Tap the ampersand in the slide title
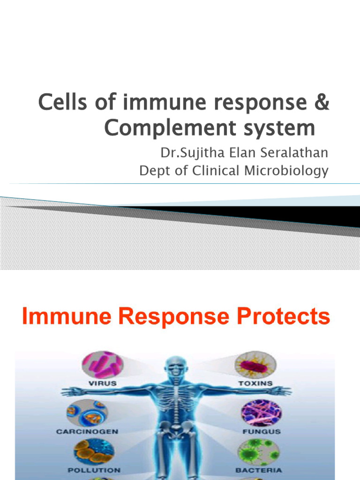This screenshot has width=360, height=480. pos(320,102)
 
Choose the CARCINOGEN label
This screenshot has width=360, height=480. pos(88,431)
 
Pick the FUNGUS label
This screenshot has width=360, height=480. pos(262,431)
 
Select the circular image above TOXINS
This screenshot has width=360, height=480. pos(255,365)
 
